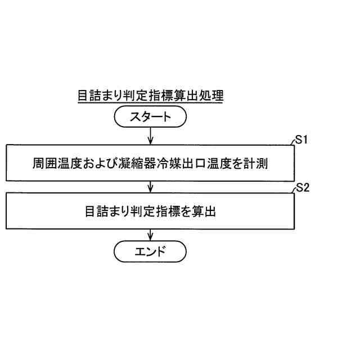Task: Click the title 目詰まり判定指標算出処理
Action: [x=150, y=96]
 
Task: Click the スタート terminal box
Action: [x=150, y=118]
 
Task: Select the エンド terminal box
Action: [x=150, y=250]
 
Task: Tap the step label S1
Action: [x=302, y=140]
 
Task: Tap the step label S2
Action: [x=303, y=188]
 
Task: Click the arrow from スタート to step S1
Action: [x=150, y=136]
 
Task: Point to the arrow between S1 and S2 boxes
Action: [x=150, y=185]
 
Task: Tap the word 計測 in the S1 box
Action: [x=260, y=164]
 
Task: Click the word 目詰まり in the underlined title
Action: [x=99, y=96]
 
